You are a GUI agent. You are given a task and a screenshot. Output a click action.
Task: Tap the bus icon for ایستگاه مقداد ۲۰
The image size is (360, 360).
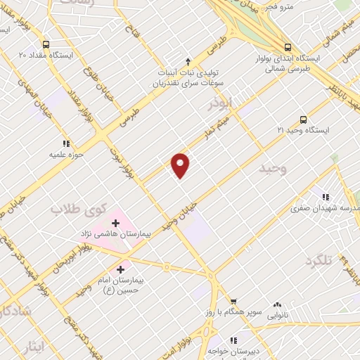point(46,44)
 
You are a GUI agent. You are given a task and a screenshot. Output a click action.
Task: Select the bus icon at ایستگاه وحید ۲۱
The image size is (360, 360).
point(303,119)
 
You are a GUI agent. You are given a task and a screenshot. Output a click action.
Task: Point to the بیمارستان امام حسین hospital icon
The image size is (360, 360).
point(120,268)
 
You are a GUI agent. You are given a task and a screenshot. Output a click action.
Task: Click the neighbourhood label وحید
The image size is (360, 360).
point(272,169)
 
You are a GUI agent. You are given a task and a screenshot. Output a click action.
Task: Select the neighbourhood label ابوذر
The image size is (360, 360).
point(220,103)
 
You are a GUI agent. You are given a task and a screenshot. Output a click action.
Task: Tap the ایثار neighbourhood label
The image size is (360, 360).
point(32,347)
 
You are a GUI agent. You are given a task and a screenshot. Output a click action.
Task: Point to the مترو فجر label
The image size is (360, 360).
point(280,6)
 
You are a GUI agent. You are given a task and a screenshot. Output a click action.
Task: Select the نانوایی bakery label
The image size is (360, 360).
point(281,316)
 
